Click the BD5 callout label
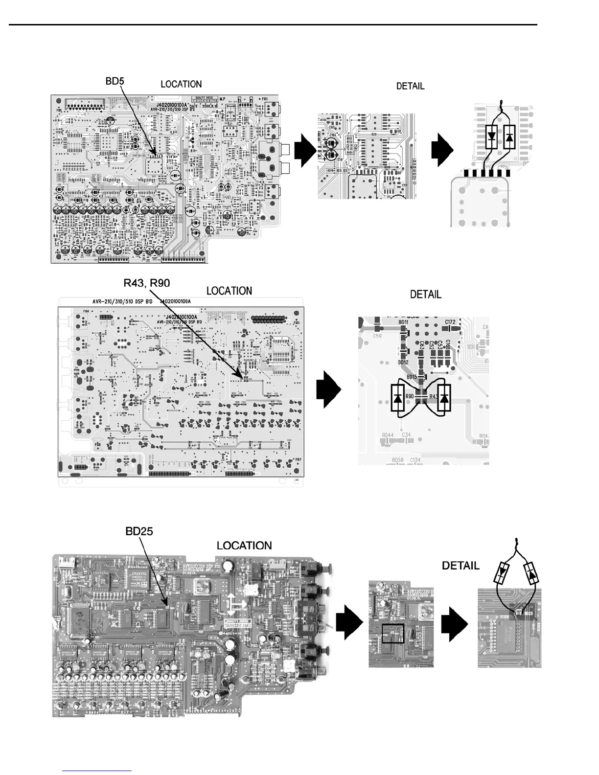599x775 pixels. [115, 81]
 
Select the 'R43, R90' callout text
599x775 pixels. [147, 282]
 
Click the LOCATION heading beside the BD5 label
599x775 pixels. [181, 84]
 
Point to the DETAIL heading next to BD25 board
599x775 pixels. [460, 566]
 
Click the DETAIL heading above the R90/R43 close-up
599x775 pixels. [425, 295]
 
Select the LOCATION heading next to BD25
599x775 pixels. [244, 545]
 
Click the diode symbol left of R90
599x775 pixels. [397, 397]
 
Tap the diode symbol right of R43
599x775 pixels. [444, 397]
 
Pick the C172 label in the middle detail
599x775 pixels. [450, 322]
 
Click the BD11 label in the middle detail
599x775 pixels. [403, 323]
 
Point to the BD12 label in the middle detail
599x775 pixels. [403, 362]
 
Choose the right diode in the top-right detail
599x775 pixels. [509, 137]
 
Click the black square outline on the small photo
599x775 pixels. [393, 633]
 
